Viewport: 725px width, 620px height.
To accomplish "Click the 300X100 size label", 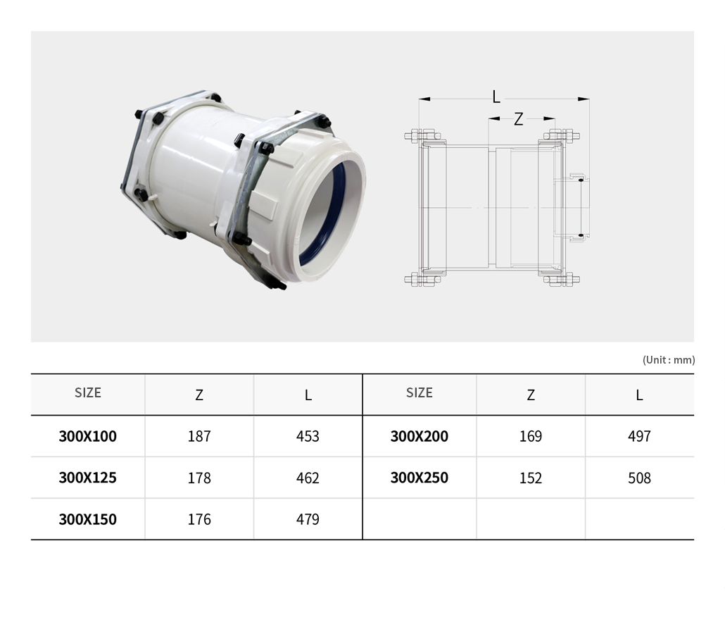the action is coord(88,436).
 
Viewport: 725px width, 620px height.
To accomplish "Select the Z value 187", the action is coord(199,436).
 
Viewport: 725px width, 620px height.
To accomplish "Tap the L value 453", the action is coord(308,436).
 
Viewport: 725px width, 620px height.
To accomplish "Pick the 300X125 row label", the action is coord(88,478).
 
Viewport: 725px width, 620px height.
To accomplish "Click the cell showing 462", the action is coord(308,478).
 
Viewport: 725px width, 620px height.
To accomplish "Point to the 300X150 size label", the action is coord(88,519).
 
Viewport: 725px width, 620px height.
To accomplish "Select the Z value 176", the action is coord(199,519).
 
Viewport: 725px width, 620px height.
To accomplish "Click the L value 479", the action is coord(308,519).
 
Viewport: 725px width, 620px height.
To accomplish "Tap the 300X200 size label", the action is coord(420,436).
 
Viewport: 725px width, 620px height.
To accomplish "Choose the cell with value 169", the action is coord(531,436).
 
